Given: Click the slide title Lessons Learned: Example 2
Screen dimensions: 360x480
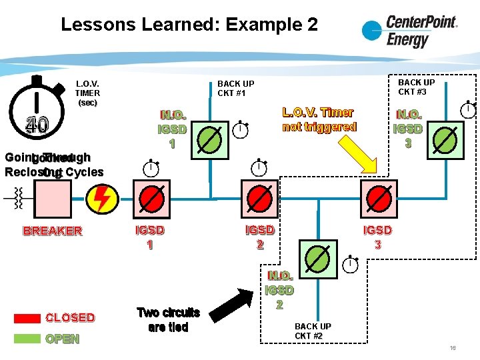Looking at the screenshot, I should [189, 25].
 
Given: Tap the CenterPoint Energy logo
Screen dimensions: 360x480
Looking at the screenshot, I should [409, 31].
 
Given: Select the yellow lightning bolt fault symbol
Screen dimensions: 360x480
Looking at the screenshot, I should [102, 198].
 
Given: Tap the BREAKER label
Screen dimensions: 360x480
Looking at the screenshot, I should [53, 231].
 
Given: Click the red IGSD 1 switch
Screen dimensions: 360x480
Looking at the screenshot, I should [153, 198].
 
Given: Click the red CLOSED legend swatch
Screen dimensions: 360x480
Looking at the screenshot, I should [27, 318].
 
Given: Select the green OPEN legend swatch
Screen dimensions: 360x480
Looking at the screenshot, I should [27, 338].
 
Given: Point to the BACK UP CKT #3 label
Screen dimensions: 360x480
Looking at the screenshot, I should [416, 87].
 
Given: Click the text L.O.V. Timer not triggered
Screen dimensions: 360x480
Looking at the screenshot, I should [319, 119].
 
